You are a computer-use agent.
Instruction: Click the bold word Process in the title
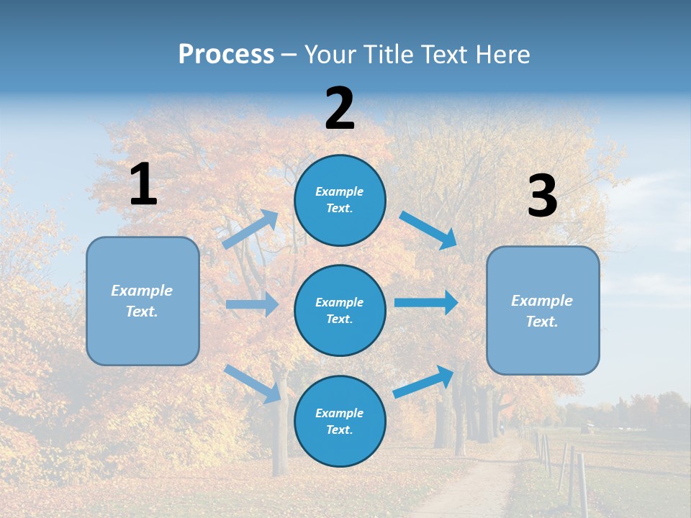click(x=226, y=55)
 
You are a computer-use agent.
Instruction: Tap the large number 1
click(x=143, y=184)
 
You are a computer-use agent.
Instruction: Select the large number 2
click(x=340, y=109)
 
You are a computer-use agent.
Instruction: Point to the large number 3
click(x=542, y=196)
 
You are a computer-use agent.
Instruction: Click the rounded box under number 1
click(x=143, y=301)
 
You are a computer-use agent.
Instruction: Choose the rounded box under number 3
click(x=543, y=310)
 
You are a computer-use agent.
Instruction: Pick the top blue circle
click(x=340, y=199)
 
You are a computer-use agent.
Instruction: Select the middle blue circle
click(x=340, y=310)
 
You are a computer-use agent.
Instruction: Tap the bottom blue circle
click(x=340, y=421)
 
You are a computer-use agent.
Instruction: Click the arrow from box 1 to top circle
click(x=250, y=230)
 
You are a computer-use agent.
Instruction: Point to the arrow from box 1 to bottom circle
click(x=253, y=383)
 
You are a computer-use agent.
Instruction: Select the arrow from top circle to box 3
click(x=428, y=230)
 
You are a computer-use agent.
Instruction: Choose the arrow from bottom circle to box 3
click(x=424, y=381)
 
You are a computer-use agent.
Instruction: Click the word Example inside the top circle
click(x=340, y=191)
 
